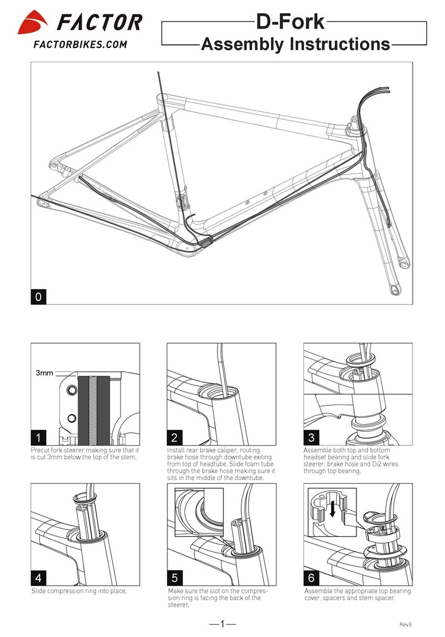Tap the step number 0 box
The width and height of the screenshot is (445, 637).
38,297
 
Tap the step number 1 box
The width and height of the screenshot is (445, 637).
38,438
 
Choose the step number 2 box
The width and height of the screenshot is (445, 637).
175,438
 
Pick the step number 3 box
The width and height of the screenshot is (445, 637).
311,438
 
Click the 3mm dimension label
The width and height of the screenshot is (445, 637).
45,373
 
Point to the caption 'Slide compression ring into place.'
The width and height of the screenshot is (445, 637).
79,591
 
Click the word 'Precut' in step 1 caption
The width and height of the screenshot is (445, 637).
42,450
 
